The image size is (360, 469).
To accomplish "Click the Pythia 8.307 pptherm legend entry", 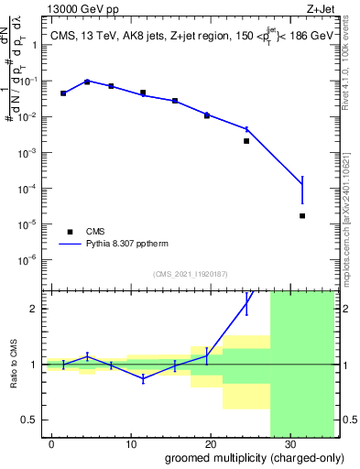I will point(118,245).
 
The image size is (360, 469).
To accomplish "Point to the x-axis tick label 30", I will point(289,444).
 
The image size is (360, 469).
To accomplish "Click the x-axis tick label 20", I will point(211,444).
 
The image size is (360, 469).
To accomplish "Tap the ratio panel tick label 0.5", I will point(30,420).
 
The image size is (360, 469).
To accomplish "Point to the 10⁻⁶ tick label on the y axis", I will point(28,259).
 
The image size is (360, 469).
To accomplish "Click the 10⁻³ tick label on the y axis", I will point(28,153).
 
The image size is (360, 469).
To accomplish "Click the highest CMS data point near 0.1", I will point(87,82).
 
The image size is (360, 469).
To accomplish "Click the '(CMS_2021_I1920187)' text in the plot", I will point(189,273).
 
